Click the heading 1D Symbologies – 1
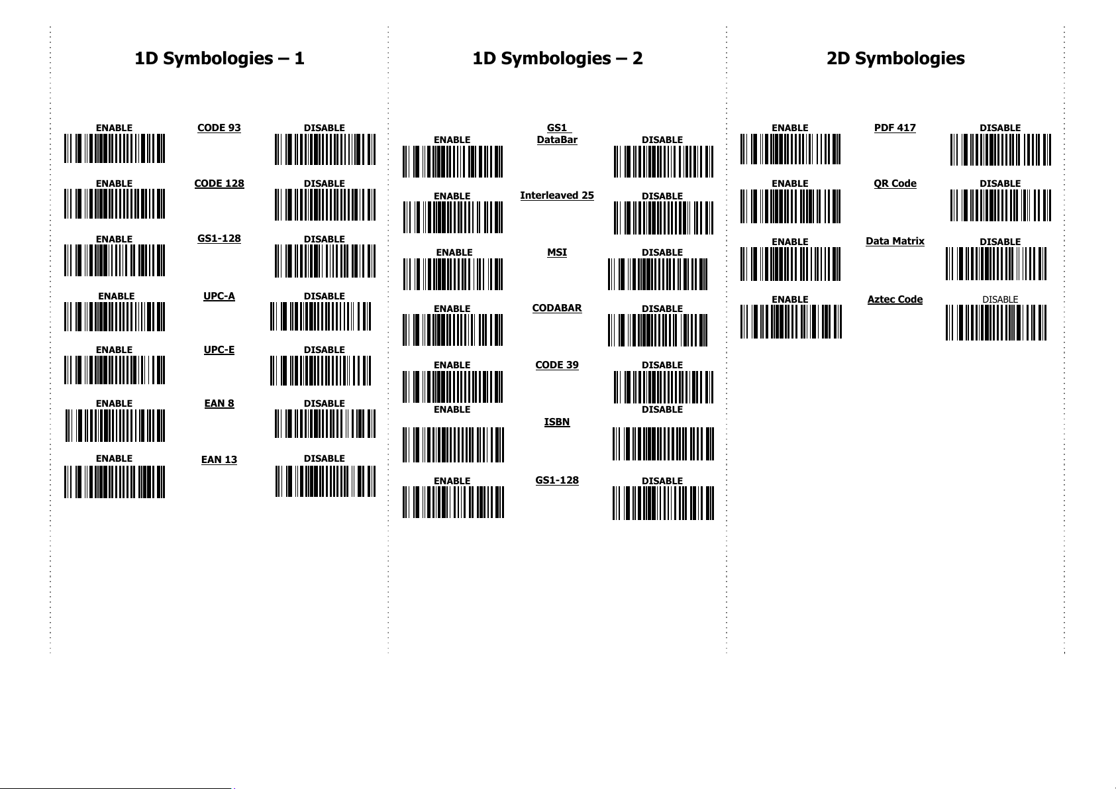(x=219, y=58)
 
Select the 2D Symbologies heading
(x=895, y=58)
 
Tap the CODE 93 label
(x=219, y=128)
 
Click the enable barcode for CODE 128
(x=115, y=204)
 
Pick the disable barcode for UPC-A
(x=321, y=317)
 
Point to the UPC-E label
(x=219, y=350)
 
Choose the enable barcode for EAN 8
(x=115, y=425)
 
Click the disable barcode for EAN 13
(x=325, y=481)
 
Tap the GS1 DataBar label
(x=557, y=134)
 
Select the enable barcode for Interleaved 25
(x=453, y=217)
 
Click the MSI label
(x=557, y=252)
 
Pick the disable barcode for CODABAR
(x=658, y=330)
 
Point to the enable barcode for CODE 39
(x=453, y=386)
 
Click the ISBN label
(x=557, y=422)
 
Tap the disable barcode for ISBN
(x=663, y=444)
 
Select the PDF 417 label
(x=895, y=128)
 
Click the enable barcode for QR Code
(x=791, y=206)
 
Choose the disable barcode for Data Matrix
(x=996, y=264)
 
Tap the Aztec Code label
(x=895, y=299)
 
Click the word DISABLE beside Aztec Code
(x=1000, y=299)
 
